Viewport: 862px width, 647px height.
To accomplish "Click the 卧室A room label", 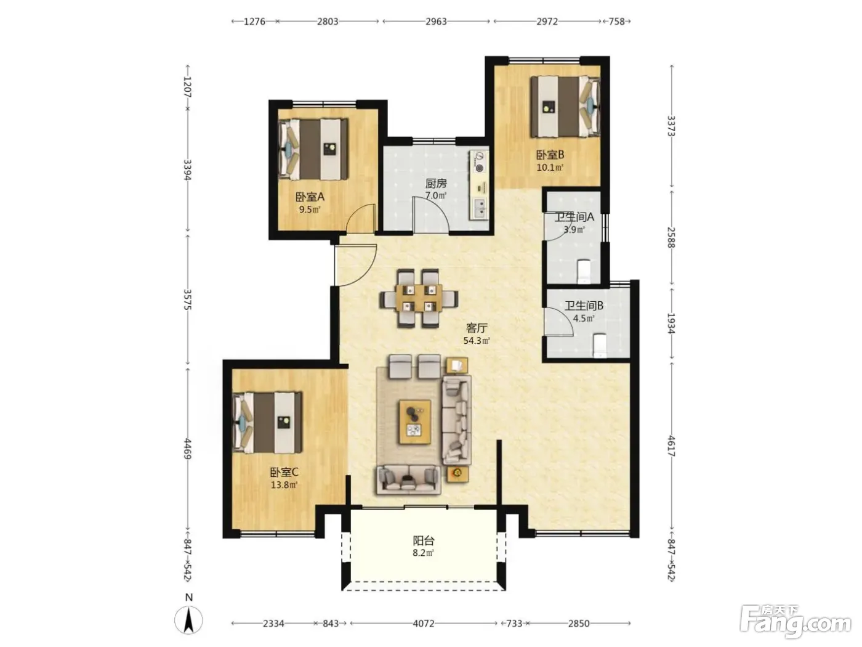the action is click(310, 197).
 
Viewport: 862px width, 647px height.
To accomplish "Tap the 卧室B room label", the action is click(550, 155).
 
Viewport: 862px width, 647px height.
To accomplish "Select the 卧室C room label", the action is click(284, 472).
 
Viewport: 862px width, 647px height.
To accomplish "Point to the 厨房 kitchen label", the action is click(436, 184).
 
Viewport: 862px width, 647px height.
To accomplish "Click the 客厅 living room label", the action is click(477, 328).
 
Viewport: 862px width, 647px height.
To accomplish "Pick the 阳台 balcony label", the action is click(424, 541).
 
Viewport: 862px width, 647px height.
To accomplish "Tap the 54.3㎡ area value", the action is click(477, 341).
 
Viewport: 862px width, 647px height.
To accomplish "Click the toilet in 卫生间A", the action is click(584, 271).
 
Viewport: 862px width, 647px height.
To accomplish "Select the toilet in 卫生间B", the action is click(600, 345).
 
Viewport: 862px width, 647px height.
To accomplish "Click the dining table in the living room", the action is click(419, 299).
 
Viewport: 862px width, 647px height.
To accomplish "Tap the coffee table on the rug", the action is click(415, 422).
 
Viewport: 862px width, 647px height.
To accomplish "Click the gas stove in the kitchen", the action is click(479, 162).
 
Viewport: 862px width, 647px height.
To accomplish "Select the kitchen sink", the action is click(479, 209).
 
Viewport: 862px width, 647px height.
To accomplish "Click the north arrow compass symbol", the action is click(189, 621).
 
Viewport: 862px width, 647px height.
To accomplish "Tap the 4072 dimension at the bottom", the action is click(424, 624).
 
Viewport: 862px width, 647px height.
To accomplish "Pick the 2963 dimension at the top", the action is click(436, 22).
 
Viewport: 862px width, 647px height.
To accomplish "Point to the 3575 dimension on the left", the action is click(188, 299).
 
